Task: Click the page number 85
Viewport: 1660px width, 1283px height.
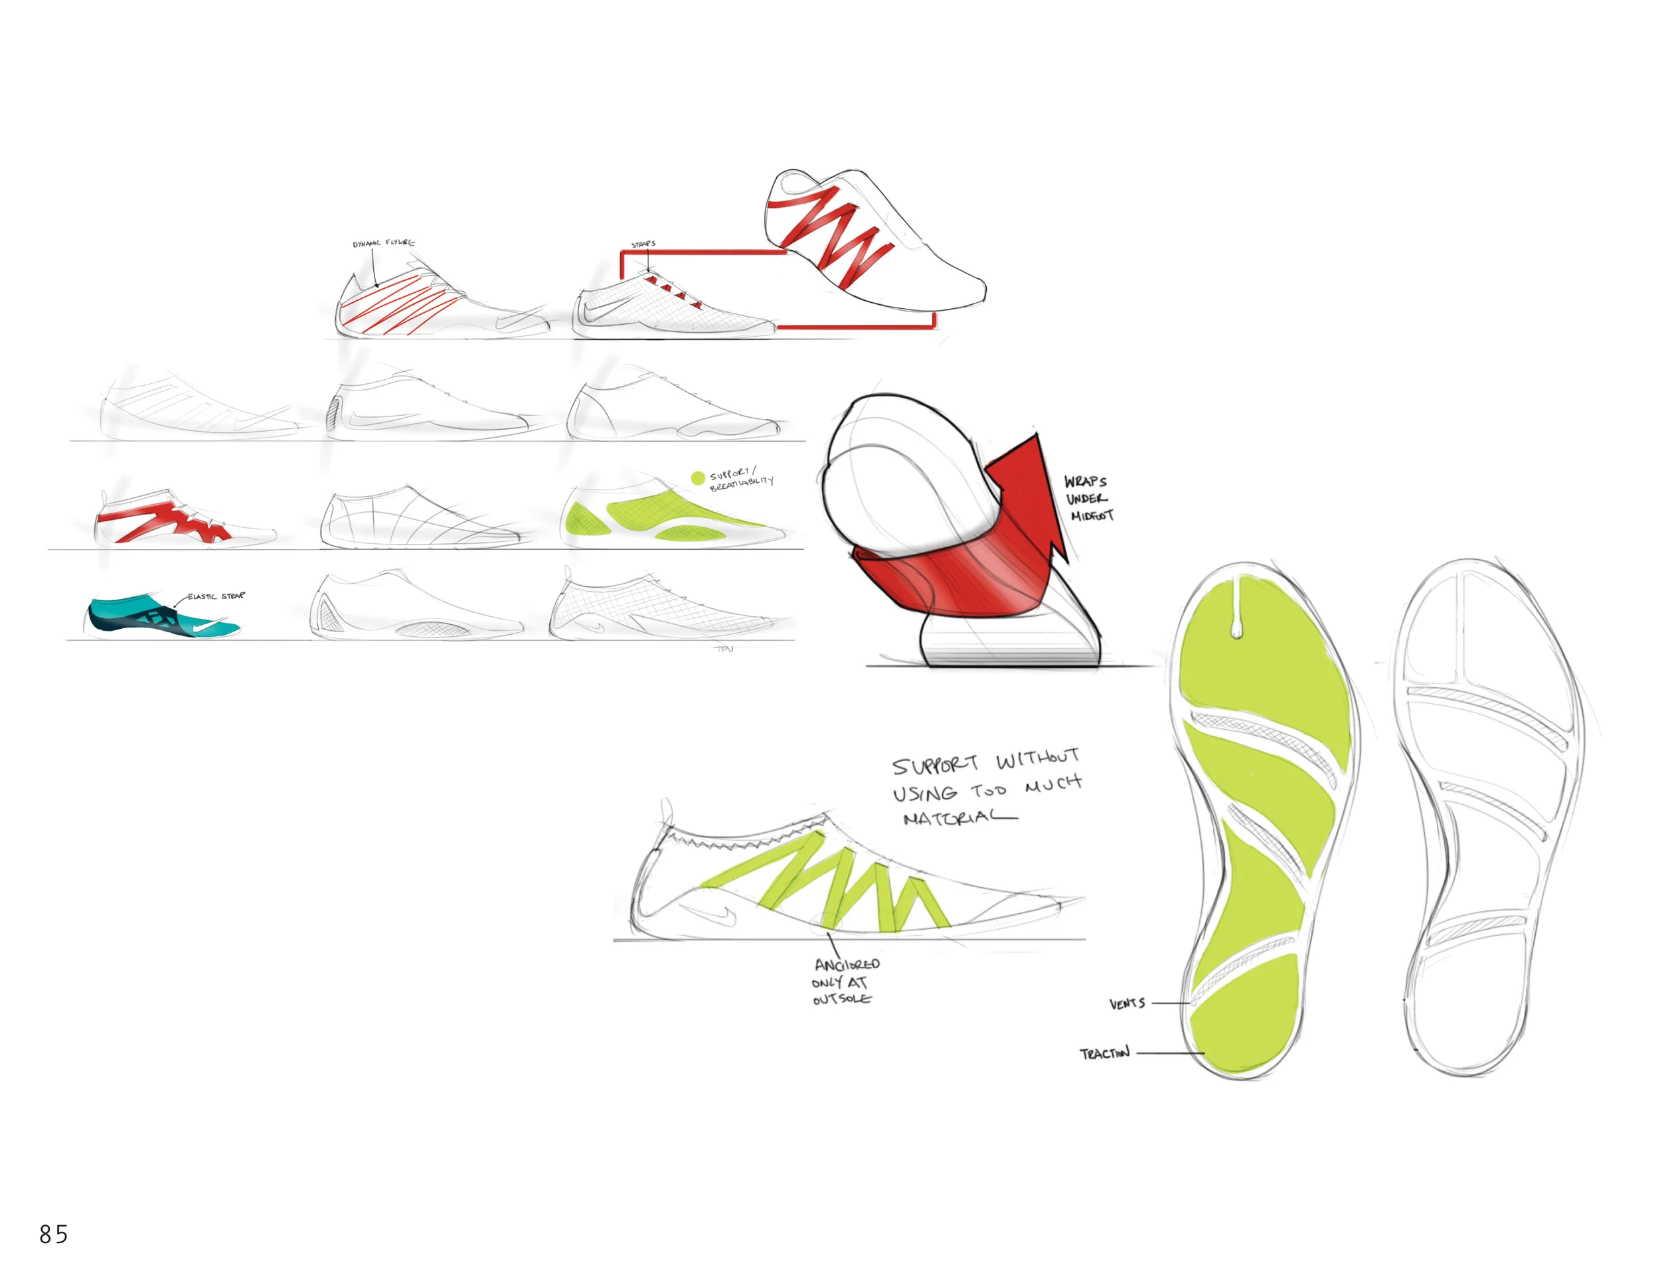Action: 53,1234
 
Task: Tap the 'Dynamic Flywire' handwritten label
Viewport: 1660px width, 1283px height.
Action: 384,243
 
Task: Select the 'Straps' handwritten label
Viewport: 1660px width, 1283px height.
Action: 643,244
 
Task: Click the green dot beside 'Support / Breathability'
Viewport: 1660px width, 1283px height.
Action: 697,478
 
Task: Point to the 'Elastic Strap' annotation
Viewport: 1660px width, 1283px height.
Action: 216,596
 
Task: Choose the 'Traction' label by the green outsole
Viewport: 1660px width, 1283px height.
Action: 1104,1053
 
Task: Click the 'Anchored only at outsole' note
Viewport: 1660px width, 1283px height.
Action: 844,982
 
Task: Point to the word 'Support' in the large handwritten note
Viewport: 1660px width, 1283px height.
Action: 935,764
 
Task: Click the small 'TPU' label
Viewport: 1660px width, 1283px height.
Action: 724,648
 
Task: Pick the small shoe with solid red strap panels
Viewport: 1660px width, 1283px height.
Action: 183,517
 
